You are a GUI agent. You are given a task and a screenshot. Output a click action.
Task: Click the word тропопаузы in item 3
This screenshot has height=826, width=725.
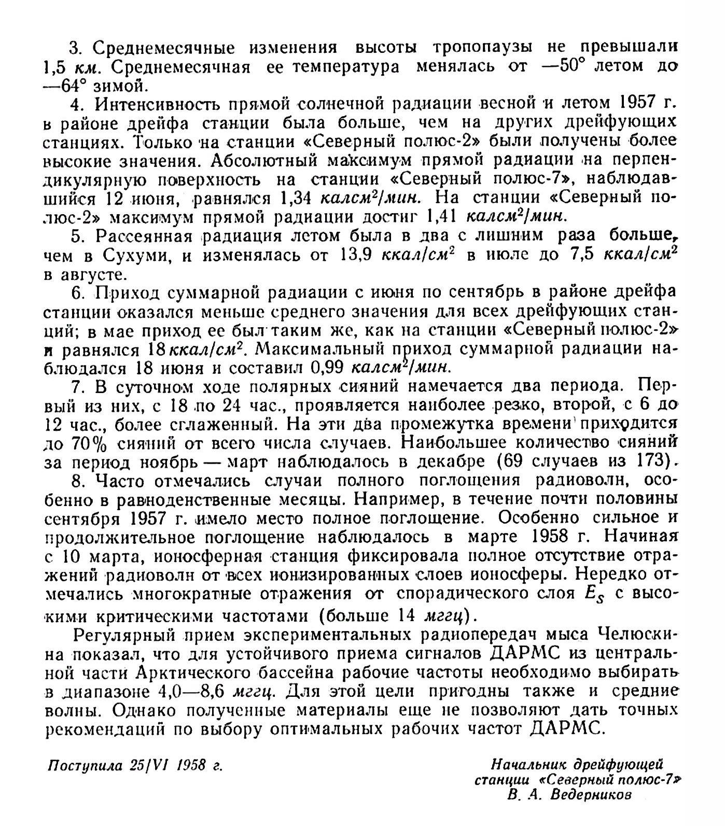coord(485,48)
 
